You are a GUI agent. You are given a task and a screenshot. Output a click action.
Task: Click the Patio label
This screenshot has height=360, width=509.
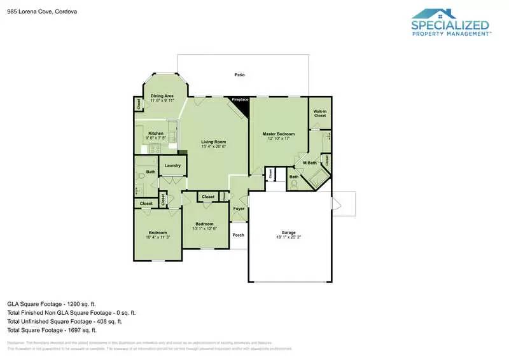coord(239,75)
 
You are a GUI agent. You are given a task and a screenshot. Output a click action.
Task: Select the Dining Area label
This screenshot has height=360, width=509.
coord(162,96)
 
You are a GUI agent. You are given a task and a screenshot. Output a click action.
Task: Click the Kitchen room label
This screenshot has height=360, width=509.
coord(156,133)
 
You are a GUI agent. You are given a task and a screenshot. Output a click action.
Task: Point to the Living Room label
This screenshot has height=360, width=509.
coord(213,142)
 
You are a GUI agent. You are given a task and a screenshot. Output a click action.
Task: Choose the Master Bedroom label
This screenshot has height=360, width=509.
coord(279,134)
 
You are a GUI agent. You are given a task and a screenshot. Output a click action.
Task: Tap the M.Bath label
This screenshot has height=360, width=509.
coord(310,163)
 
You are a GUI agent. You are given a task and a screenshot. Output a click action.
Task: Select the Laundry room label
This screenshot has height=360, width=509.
coord(172,166)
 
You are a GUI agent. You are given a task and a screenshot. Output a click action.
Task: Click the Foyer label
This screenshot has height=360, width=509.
coord(239,209)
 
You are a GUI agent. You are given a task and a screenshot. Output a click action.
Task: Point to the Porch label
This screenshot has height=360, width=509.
coord(238,235)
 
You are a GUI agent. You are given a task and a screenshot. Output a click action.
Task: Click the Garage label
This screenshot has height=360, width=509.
coord(289,232)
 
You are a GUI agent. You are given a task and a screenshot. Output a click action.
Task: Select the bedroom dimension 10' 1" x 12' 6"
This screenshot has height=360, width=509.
coord(204,228)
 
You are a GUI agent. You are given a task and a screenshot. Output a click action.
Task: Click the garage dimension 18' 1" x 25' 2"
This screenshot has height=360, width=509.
coord(289,237)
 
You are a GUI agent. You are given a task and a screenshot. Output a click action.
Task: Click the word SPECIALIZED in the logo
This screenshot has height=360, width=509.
coord(450,26)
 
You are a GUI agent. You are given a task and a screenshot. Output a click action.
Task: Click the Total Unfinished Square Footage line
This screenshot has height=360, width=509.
coord(71,322)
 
